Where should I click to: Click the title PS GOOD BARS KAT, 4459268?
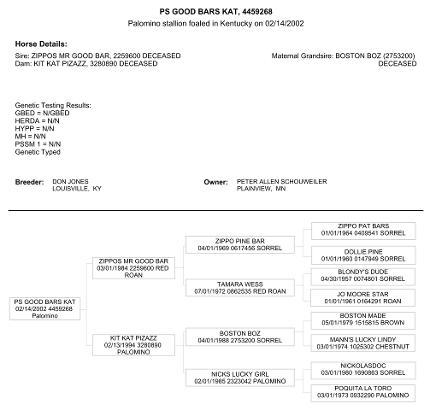[216, 12]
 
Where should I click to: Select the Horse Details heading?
[41, 44]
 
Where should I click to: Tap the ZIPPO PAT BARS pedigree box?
[363, 231]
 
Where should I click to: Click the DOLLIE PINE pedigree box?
[363, 255]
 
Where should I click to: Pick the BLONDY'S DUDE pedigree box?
[363, 277]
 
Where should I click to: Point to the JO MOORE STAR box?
[363, 298]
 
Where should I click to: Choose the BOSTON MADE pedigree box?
[363, 321]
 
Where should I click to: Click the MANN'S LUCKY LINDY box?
[363, 343]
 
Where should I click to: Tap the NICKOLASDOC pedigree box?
[363, 370]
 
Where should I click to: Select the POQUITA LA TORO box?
[363, 393]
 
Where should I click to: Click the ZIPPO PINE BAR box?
[240, 245]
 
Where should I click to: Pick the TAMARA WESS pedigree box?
[240, 288]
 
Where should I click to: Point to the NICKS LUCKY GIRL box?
[240, 378]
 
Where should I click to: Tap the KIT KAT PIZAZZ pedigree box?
[133, 345]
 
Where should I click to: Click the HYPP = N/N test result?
[34, 129]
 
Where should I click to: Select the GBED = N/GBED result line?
[42, 113]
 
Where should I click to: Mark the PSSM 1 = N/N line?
[38, 144]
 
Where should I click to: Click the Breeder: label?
[29, 182]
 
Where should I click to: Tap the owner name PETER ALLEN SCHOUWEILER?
[282, 182]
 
